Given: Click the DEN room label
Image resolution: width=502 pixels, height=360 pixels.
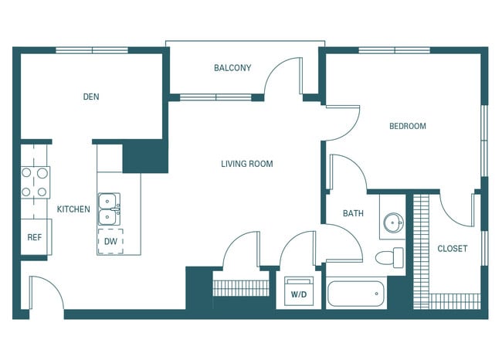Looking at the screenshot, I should (91, 97).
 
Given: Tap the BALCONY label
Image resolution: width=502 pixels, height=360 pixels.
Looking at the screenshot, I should (232, 68).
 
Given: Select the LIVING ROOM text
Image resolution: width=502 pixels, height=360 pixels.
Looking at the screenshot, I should (246, 164).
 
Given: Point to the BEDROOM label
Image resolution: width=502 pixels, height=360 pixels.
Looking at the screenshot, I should (407, 126).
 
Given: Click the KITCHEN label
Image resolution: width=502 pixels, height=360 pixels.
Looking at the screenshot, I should (73, 209).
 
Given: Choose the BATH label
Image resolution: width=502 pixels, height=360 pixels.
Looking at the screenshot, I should (353, 214).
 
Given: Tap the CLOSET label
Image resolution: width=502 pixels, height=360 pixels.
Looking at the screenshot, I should (452, 249).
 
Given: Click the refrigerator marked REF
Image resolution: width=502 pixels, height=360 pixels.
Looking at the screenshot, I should (35, 237).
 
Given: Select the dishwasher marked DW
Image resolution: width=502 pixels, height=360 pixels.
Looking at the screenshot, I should (111, 241).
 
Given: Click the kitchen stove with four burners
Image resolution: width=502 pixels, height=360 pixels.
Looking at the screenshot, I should (35, 182).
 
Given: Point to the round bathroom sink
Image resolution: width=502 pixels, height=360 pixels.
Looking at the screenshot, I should (394, 223).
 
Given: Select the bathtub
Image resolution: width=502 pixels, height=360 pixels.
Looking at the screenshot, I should (356, 294).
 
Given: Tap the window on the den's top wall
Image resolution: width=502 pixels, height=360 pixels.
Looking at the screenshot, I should (92, 50).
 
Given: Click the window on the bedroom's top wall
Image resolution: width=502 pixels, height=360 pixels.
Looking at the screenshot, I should (395, 50).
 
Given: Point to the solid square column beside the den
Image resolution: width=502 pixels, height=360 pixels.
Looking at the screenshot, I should (145, 158).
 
